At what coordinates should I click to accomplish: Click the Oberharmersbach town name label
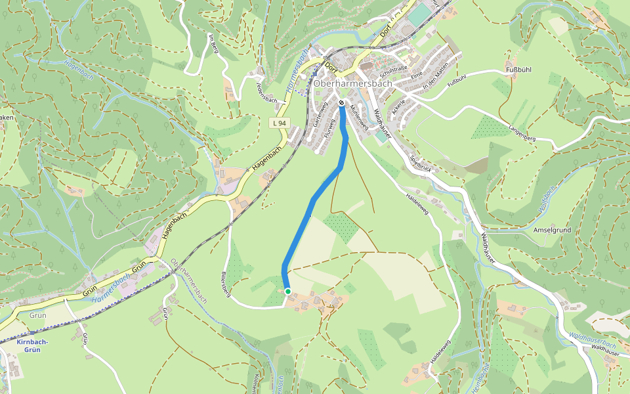[x=352, y=84]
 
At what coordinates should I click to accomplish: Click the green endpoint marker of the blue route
[x=287, y=291]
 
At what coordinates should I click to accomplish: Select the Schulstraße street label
[x=394, y=68]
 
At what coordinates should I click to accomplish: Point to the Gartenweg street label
[x=318, y=114]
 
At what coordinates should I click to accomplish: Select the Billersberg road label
[x=225, y=285]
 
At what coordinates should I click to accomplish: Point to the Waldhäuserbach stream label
[x=593, y=340]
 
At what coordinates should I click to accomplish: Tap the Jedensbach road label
[x=266, y=92]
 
